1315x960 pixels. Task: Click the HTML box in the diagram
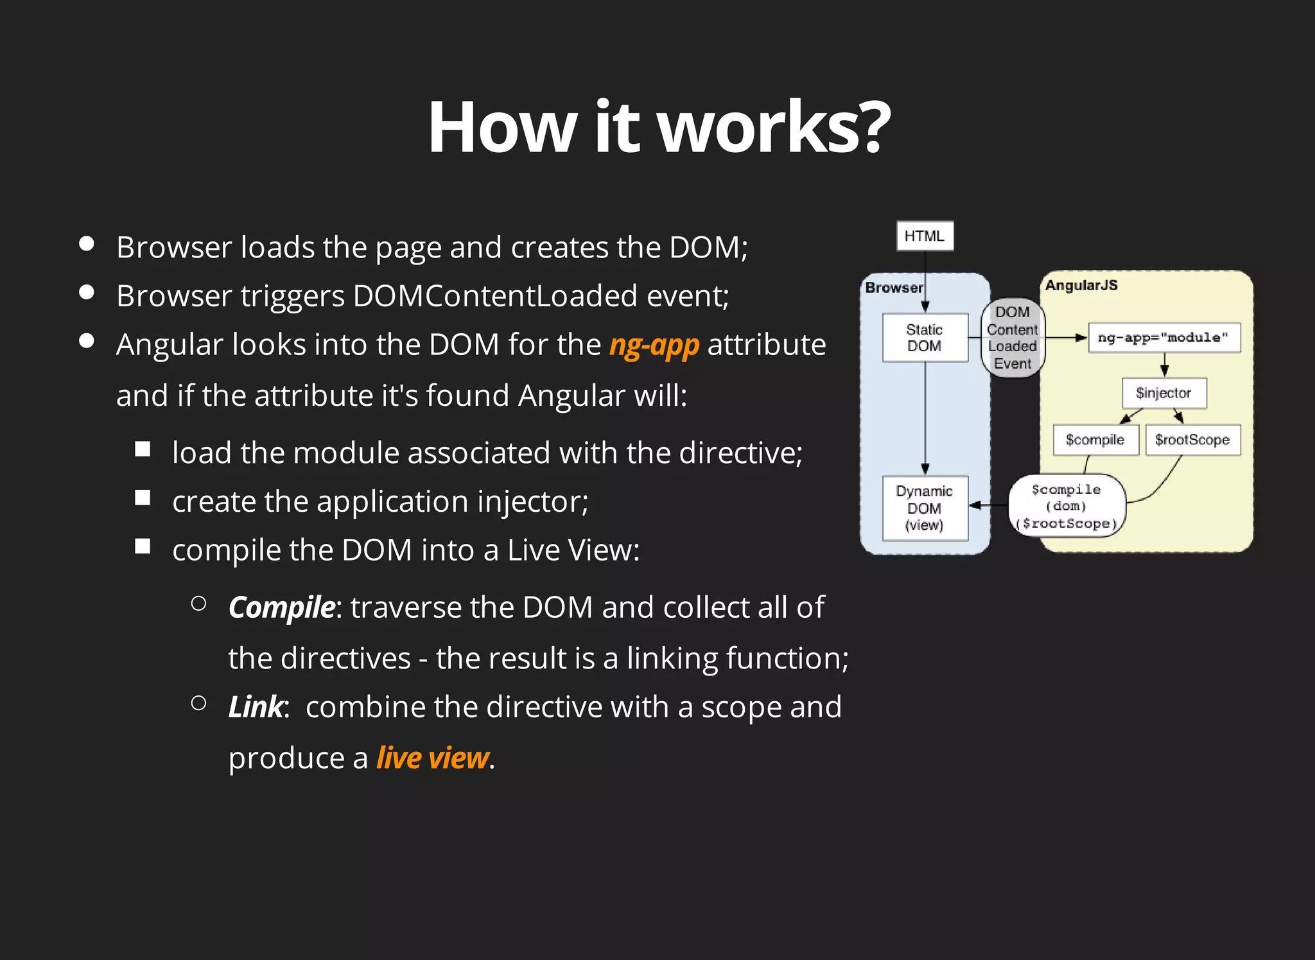925,236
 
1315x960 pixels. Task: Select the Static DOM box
925,338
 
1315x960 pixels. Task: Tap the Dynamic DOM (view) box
925,508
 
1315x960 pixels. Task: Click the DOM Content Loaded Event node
1013,338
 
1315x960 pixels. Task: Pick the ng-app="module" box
1163,338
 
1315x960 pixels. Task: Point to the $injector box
1163,393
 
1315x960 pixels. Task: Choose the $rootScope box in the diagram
1192,440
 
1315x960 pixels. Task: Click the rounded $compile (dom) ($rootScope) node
1067,506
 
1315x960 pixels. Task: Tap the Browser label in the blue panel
894,287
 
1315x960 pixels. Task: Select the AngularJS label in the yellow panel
1081,285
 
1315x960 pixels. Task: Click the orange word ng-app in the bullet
654,345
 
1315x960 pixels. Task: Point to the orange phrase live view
433,758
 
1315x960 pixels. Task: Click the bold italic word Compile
281,607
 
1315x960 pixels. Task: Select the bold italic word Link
256,707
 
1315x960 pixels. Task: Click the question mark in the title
875,127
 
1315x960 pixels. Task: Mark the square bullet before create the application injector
143,498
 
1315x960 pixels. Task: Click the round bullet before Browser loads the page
87,244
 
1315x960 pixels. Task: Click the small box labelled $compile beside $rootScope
1095,440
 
